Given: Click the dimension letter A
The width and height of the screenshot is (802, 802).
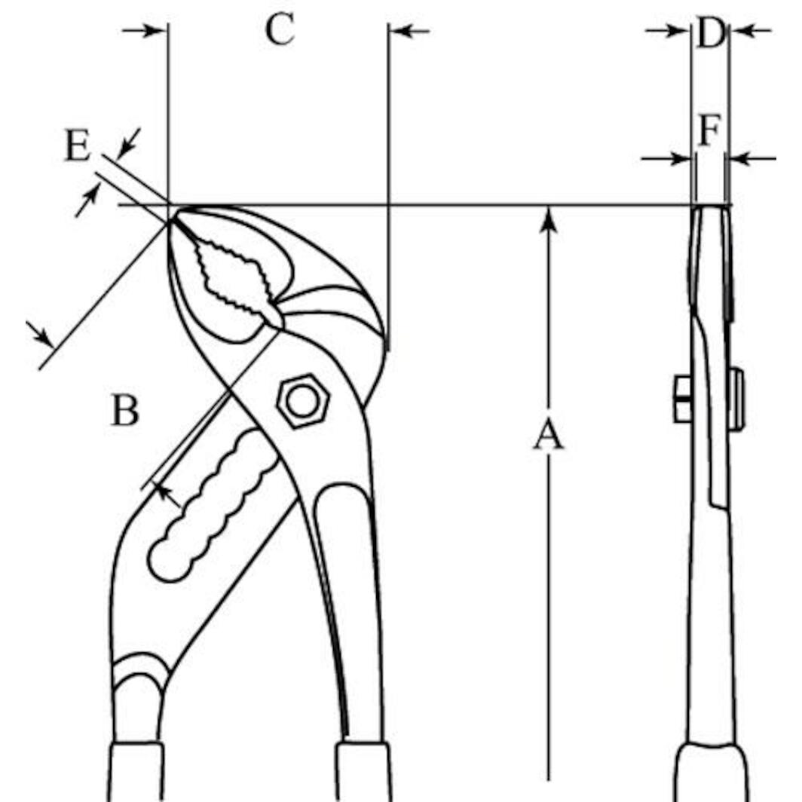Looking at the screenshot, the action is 548,435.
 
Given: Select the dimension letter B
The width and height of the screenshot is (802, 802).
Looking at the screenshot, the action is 125,411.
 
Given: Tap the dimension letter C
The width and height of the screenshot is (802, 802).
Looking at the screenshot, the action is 280,29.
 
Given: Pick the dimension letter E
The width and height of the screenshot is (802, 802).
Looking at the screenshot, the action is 78,145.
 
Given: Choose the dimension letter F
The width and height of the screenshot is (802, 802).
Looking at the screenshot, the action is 710,130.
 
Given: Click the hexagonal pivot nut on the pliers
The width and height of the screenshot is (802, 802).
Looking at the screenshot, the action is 303,402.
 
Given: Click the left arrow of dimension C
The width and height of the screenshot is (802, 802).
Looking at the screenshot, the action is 145,31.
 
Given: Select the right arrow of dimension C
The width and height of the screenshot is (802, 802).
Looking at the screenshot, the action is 409,31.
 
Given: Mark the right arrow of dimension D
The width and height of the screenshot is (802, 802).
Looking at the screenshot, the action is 751,31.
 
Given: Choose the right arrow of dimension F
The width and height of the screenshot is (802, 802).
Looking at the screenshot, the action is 752,158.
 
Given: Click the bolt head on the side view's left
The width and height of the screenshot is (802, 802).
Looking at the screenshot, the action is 683,399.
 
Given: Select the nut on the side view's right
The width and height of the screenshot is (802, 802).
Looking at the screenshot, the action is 736,399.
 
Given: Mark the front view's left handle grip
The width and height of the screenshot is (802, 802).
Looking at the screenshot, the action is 136,772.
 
